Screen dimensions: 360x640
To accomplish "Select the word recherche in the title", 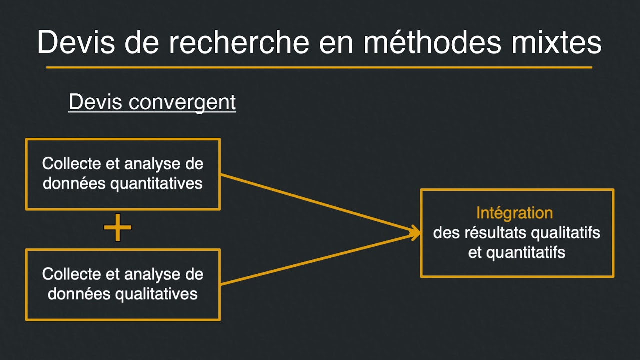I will pyautogui.click(x=239, y=43).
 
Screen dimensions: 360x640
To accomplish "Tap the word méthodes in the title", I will pyautogui.click(x=432, y=43).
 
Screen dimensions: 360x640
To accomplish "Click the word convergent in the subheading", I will pyautogui.click(x=182, y=102).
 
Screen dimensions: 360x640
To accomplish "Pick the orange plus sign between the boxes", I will pyautogui.click(x=118, y=228).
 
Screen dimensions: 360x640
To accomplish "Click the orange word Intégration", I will pyautogui.click(x=514, y=213).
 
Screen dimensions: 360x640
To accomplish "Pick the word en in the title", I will pyautogui.click(x=335, y=43).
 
